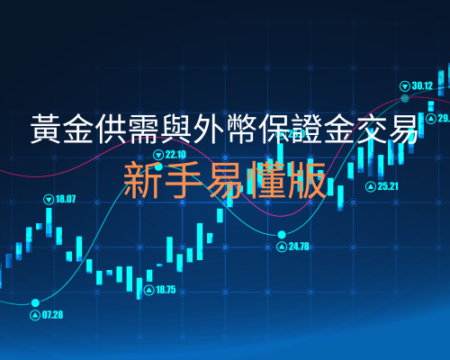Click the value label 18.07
(66, 199)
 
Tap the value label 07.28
(52, 315)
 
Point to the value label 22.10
(175, 155)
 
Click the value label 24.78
(299, 247)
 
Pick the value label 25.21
(388, 186)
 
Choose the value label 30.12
(422, 86)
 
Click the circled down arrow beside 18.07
(49, 199)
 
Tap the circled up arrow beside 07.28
(35, 315)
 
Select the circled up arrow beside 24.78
(282, 247)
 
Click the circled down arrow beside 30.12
(405, 86)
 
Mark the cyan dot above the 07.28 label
(35, 302)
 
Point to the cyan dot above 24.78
(282, 234)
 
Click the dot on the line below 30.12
(405, 98)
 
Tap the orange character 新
(142, 179)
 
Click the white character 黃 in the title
(46, 129)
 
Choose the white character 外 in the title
(210, 129)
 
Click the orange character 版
(307, 179)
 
